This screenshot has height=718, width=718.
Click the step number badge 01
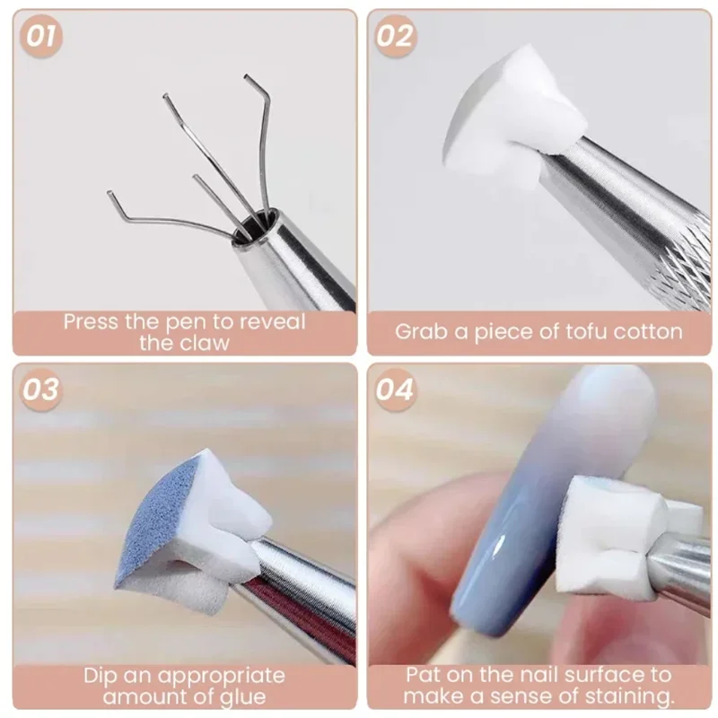click(42, 37)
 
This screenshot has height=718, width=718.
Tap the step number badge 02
click(395, 37)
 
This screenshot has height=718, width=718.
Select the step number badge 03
click(41, 390)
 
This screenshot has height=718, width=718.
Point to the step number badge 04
click(395, 390)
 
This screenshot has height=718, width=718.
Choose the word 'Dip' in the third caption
click(103, 676)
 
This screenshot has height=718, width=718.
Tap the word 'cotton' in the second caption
click(647, 331)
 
